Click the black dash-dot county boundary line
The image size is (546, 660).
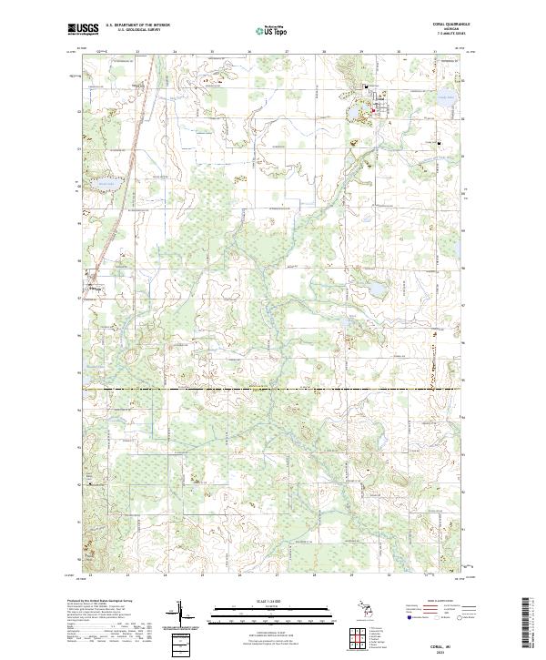coord(273,390)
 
